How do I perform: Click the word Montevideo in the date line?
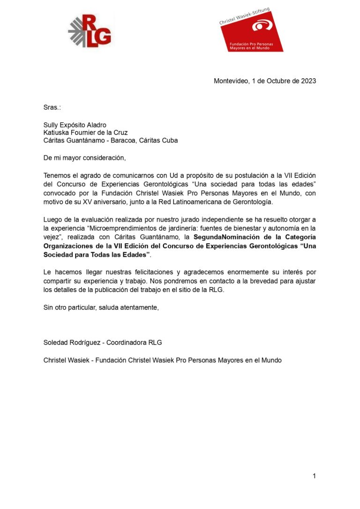click(231, 81)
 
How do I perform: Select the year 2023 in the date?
click(307, 81)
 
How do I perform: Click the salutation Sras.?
click(52, 107)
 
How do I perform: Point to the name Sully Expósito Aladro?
click(75, 125)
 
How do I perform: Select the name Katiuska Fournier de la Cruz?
click(86, 133)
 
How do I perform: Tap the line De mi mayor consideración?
click(85, 157)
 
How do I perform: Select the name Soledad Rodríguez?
click(72, 342)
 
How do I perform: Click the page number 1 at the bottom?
click(314, 476)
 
